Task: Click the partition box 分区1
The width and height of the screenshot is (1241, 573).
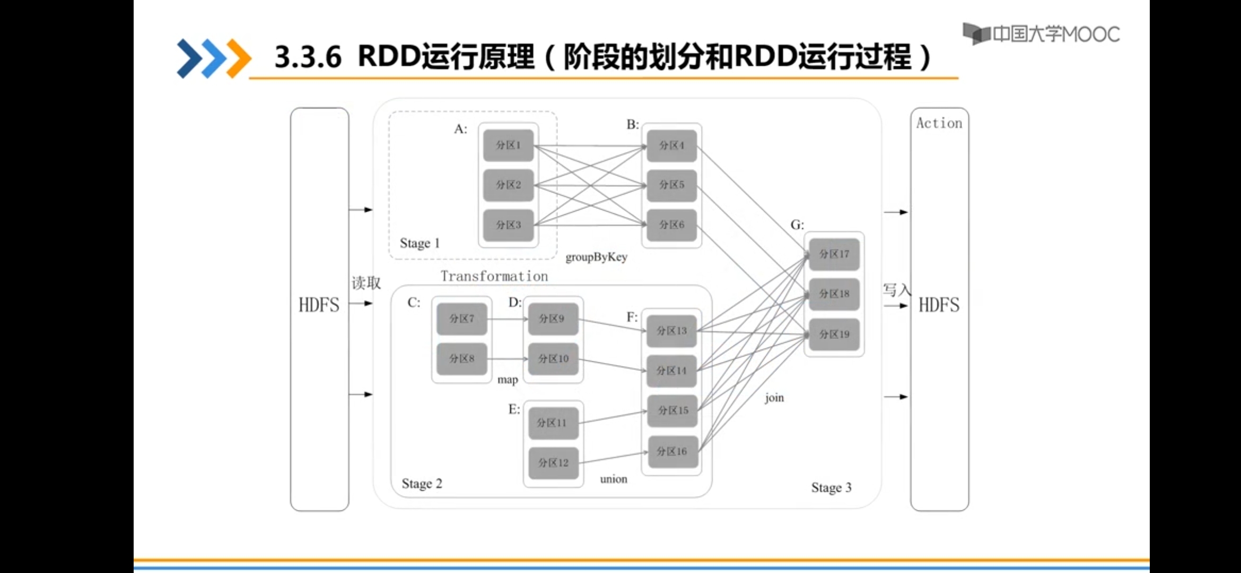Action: tap(508, 145)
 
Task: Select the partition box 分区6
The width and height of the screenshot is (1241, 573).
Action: tap(671, 225)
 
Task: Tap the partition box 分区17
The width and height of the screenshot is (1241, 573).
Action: tap(834, 254)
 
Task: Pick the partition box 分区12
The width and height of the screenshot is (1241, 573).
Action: tap(553, 463)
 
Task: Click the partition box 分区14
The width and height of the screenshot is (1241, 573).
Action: tap(671, 371)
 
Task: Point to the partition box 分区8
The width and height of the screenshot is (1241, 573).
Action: tap(461, 359)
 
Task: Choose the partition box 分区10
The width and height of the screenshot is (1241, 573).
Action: tap(553, 359)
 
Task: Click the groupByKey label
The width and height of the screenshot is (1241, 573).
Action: tap(596, 257)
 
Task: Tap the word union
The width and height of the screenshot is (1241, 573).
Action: tap(614, 479)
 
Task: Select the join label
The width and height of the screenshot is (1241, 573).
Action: tap(774, 398)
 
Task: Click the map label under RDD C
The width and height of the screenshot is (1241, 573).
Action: tap(508, 380)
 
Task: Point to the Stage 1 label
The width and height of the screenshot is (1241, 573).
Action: tap(420, 244)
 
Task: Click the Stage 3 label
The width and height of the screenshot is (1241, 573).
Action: tap(831, 488)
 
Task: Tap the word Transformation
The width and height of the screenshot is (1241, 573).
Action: tap(494, 276)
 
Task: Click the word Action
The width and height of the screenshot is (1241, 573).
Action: tap(939, 123)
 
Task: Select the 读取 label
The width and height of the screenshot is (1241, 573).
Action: tap(366, 283)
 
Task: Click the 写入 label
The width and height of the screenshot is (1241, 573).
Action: tap(896, 290)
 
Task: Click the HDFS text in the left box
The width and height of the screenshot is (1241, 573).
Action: tap(319, 305)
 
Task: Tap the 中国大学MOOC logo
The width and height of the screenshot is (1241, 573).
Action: tap(1041, 34)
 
